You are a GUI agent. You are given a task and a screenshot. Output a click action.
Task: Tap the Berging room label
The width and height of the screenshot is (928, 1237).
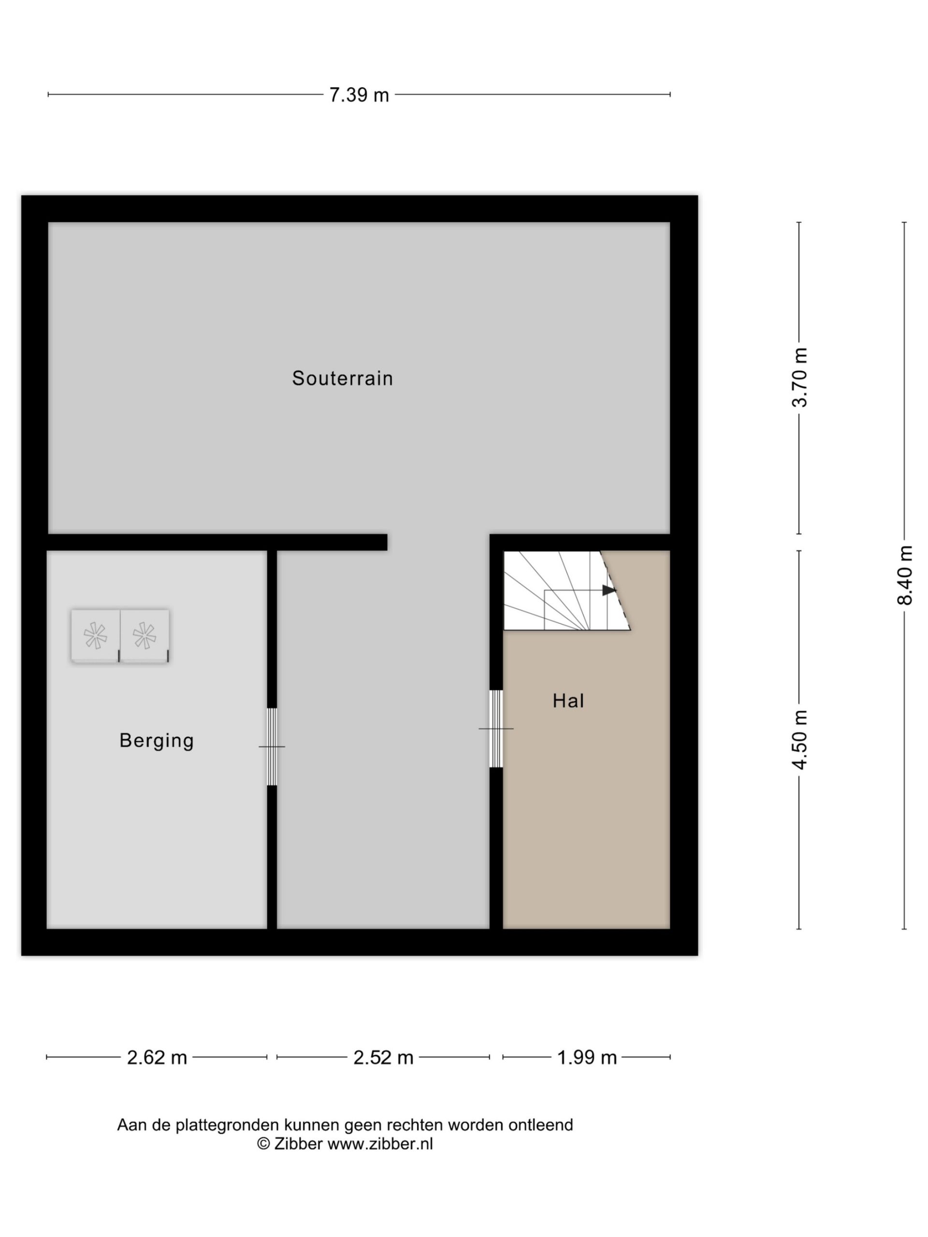pos(157,740)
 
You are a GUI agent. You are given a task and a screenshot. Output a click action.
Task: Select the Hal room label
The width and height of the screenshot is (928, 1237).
pos(568,701)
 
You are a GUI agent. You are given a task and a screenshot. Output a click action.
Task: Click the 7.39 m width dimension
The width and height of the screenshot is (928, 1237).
pos(359,95)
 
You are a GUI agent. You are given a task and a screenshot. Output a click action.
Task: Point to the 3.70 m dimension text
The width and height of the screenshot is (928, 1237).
pos(800,377)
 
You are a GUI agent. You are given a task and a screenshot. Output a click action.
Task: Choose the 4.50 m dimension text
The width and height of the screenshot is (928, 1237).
pos(800,740)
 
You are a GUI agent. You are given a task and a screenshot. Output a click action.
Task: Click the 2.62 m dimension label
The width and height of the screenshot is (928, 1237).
pos(157,1057)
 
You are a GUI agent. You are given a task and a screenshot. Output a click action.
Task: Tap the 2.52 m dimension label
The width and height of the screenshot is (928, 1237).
pos(383,1057)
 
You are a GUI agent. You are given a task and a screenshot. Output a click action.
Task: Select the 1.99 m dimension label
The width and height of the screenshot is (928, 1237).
pos(587,1057)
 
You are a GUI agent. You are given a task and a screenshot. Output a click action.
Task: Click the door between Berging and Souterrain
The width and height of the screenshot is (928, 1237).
pos(272,747)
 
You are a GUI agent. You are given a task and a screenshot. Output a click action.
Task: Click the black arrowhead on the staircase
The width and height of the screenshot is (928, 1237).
pos(609,590)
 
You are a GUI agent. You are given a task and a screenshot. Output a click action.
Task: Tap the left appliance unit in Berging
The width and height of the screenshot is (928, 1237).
pos(95,636)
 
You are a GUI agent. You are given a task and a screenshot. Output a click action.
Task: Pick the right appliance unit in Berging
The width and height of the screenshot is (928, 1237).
pos(145,636)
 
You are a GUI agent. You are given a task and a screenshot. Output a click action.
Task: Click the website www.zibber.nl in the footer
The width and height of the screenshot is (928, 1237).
pos(380,1144)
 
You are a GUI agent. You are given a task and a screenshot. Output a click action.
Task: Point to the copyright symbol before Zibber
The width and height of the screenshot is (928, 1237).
pos(263,1144)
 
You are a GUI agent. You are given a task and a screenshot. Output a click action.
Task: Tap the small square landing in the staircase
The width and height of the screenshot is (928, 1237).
pos(566,610)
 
